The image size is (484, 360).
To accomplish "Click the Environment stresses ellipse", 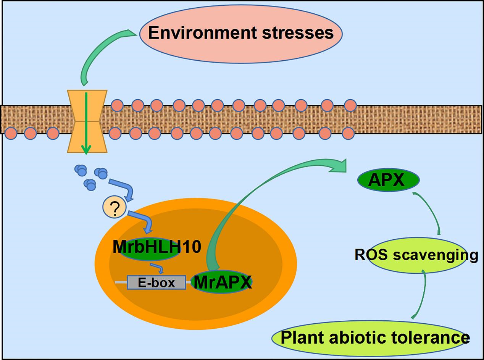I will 240,34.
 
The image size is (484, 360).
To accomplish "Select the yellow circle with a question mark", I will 114,208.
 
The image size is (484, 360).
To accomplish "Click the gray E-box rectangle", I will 156,283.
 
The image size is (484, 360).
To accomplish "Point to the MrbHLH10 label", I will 156,247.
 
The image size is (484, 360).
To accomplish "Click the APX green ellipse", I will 388,180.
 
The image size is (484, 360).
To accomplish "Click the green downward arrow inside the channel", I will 86,122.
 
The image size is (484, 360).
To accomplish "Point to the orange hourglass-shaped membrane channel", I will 87,121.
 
